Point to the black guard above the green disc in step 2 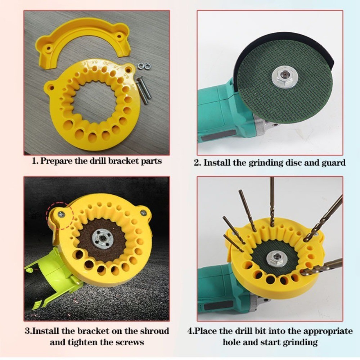[x=284, y=37]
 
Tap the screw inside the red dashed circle [x=61, y=215]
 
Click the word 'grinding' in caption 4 [x=300, y=342]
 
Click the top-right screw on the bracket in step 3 [x=144, y=213]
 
